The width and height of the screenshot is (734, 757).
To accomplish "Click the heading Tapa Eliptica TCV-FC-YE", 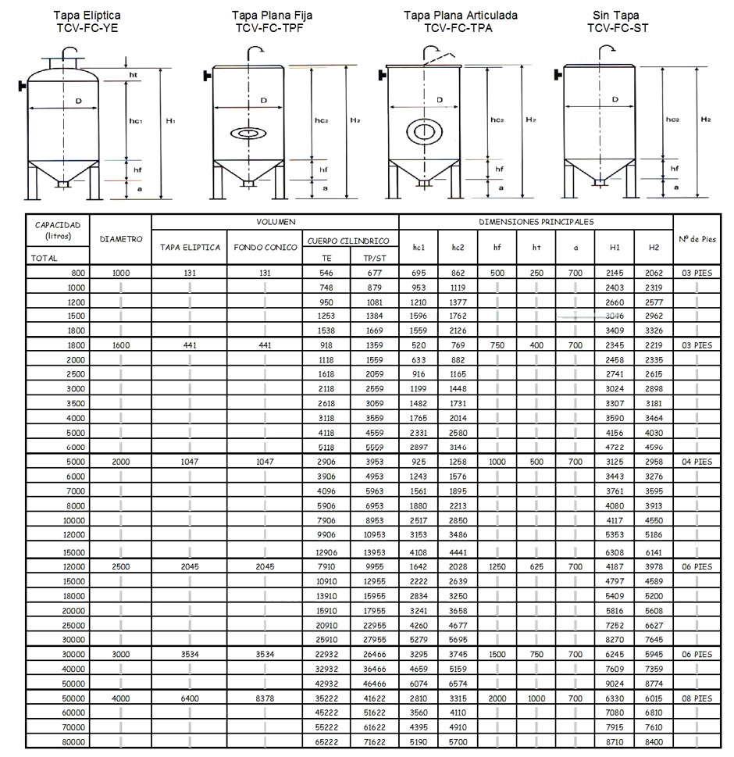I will tap(87, 21).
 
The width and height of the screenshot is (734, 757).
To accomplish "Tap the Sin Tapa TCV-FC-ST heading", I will tap(616, 21).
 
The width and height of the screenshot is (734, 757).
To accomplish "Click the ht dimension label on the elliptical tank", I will tap(134, 74).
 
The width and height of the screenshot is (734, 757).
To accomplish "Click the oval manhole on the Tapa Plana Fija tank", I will tap(251, 134).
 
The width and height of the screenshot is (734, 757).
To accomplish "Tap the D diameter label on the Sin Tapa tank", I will tap(615, 99).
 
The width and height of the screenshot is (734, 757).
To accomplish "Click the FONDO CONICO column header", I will tap(265, 248).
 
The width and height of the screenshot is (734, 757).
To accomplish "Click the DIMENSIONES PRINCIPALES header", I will tap(536, 222).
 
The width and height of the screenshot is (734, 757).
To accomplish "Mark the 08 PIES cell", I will tap(694, 698).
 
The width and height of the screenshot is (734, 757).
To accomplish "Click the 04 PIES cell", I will tap(694, 462).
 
